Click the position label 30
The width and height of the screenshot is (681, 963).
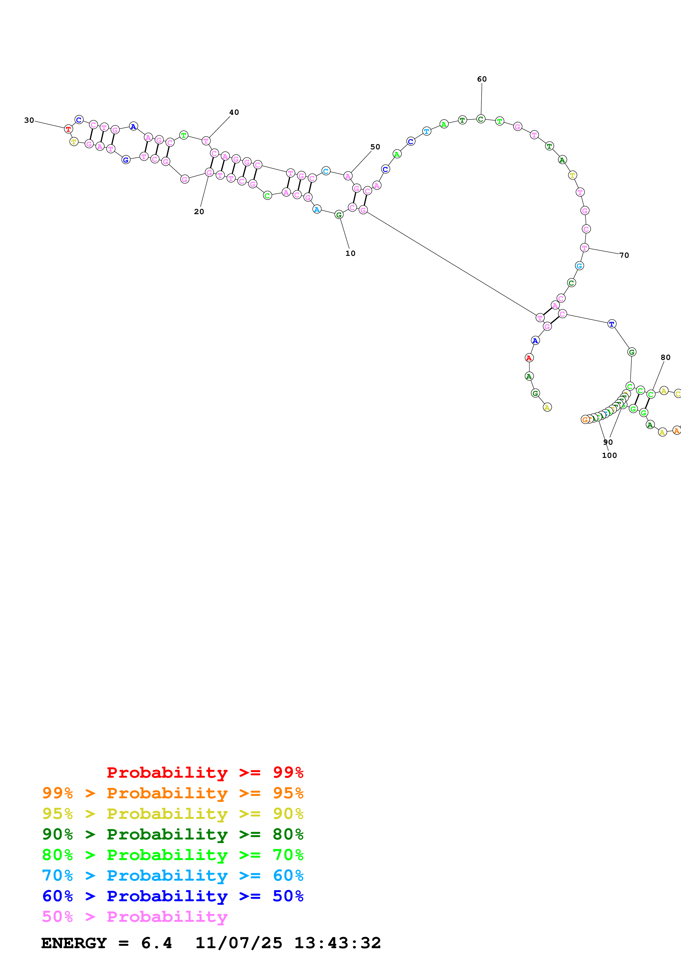click(29, 120)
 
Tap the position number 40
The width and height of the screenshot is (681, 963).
click(234, 112)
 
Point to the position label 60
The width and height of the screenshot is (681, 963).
click(482, 79)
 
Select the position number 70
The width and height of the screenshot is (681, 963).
click(624, 255)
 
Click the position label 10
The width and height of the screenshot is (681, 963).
click(350, 253)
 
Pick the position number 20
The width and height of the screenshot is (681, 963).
click(199, 212)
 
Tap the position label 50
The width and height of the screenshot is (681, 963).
click(375, 147)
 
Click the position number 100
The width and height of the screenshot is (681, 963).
click(609, 455)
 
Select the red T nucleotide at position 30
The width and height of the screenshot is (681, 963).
click(68, 129)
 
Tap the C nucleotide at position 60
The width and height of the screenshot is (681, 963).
click(481, 119)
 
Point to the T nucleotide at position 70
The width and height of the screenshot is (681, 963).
click(585, 248)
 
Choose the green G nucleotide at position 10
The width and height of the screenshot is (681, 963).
click(339, 215)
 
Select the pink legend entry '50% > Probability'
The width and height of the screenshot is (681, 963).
click(135, 917)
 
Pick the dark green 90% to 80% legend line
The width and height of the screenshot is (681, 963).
click(173, 834)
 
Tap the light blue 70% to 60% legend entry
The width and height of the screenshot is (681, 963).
click(173, 875)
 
